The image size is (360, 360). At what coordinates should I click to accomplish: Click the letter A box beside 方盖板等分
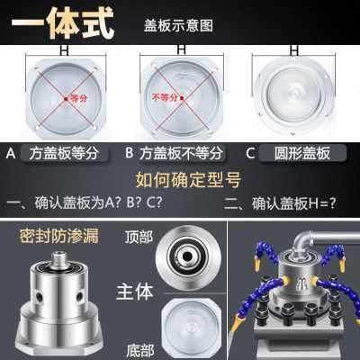(11, 153)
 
